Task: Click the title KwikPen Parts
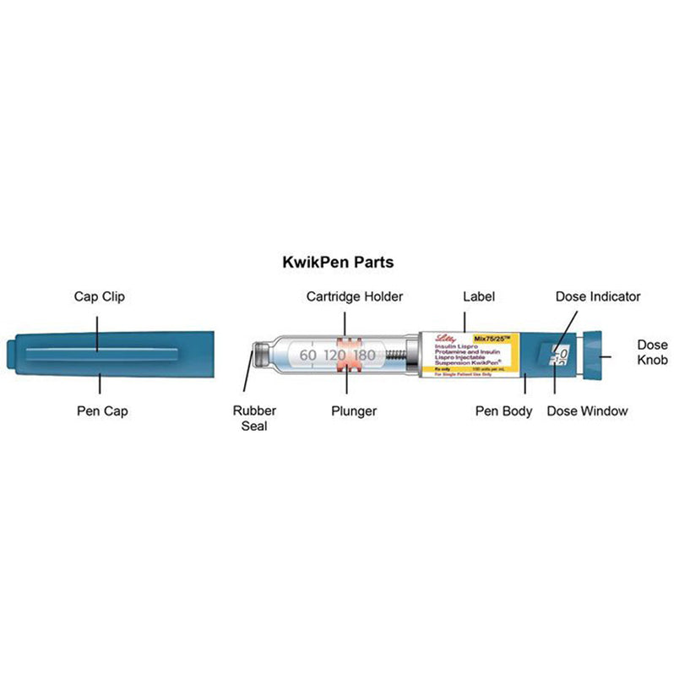pos(337,263)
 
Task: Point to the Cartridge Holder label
pos(354,297)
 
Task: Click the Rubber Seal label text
pos(254,418)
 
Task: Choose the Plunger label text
pos(353,411)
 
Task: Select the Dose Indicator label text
pos(597,296)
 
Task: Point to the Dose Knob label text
pos(651,352)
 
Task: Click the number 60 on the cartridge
pos(307,356)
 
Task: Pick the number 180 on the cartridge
pos(365,356)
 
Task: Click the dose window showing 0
pos(558,355)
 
